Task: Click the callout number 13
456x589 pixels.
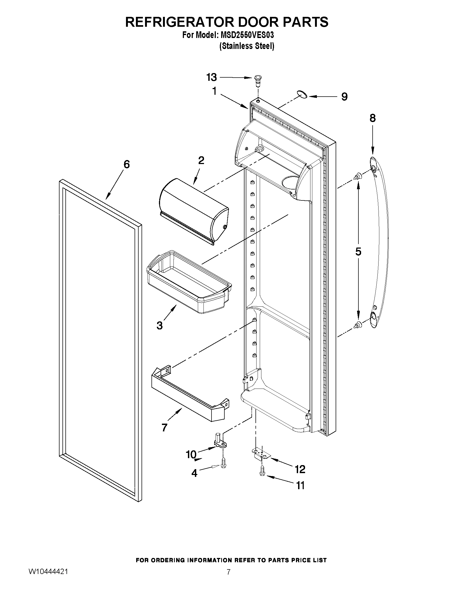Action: (x=212, y=77)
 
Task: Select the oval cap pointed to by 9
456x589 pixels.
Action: (x=302, y=95)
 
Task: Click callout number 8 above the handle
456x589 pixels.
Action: (x=373, y=118)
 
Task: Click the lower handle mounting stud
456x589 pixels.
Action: (x=358, y=325)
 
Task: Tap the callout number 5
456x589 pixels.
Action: (x=358, y=251)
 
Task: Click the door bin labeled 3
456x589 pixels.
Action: (x=189, y=282)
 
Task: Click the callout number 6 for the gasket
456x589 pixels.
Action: (x=127, y=164)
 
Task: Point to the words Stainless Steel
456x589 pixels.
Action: (x=247, y=46)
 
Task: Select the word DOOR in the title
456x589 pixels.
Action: (x=252, y=22)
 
